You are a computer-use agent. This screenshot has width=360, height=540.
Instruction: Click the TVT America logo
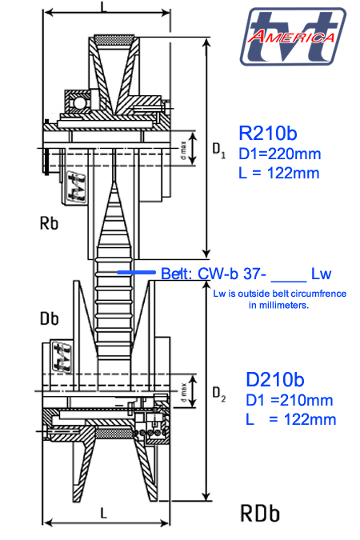(x=293, y=37)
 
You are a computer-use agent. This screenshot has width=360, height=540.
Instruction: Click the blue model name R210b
(x=268, y=133)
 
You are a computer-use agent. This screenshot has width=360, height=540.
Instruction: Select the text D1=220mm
(x=279, y=154)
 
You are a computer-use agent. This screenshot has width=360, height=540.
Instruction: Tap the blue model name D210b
(x=275, y=379)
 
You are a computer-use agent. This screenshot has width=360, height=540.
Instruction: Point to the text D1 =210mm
(x=290, y=400)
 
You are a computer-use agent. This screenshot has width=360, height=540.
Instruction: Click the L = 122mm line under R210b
(x=279, y=173)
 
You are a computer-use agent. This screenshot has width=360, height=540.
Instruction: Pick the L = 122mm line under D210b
(x=290, y=419)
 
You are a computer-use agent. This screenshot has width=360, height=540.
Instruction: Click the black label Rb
(x=49, y=223)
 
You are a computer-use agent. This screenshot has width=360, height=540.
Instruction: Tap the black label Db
(x=50, y=318)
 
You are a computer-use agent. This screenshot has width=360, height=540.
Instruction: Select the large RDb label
(x=260, y=514)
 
